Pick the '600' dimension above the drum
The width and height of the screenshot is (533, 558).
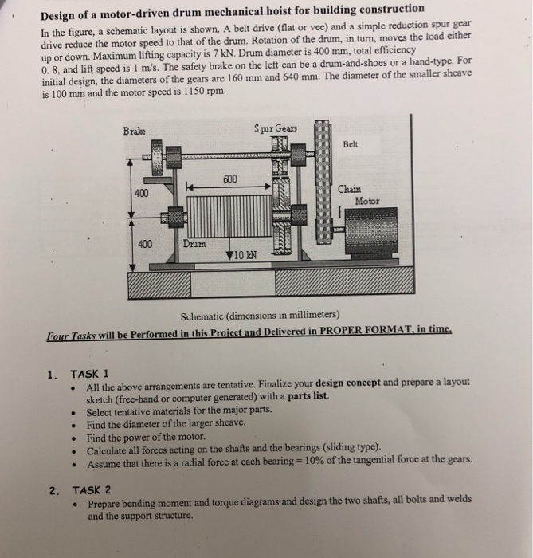coord(231,180)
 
